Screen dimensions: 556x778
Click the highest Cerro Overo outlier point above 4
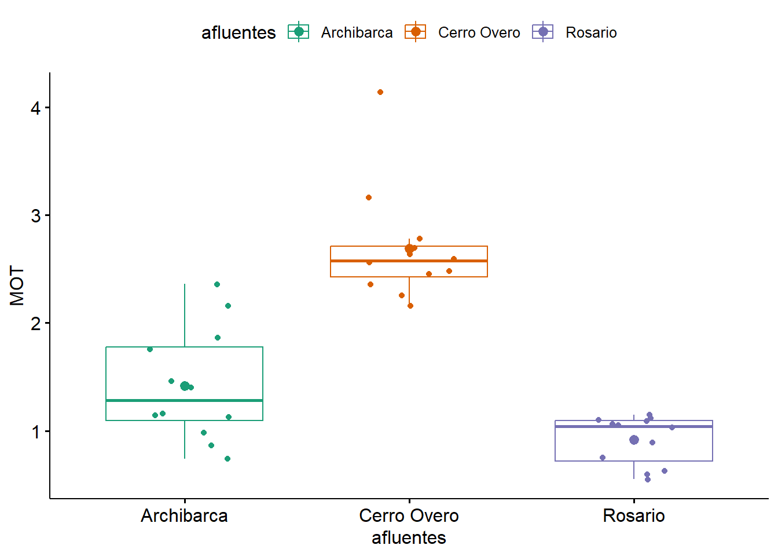380,92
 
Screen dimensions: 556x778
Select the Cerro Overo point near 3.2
369,197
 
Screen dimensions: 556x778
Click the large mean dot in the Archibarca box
185,386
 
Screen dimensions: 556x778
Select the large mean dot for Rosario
634,440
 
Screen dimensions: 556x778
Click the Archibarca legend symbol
299,32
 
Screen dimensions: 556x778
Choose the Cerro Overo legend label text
479,32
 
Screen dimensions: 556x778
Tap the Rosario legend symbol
543,32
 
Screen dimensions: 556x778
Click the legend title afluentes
238,32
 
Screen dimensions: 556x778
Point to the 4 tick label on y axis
36,108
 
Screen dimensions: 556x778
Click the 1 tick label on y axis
36,431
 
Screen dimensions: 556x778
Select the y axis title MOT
17,286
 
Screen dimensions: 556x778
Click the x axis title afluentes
409,538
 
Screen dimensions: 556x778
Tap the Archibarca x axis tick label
184,515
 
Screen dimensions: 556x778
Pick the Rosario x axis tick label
633,515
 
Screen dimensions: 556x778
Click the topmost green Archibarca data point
217,284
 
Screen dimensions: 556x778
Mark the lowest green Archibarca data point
227,459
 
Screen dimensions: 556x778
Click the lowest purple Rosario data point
648,480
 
